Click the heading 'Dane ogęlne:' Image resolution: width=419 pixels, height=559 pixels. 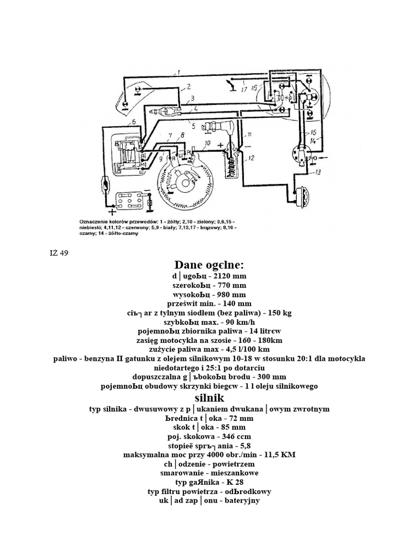209,265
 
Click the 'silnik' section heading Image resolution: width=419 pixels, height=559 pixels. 209,398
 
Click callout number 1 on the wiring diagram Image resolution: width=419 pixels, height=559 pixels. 178,72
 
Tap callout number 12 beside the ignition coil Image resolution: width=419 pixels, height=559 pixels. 252,158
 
